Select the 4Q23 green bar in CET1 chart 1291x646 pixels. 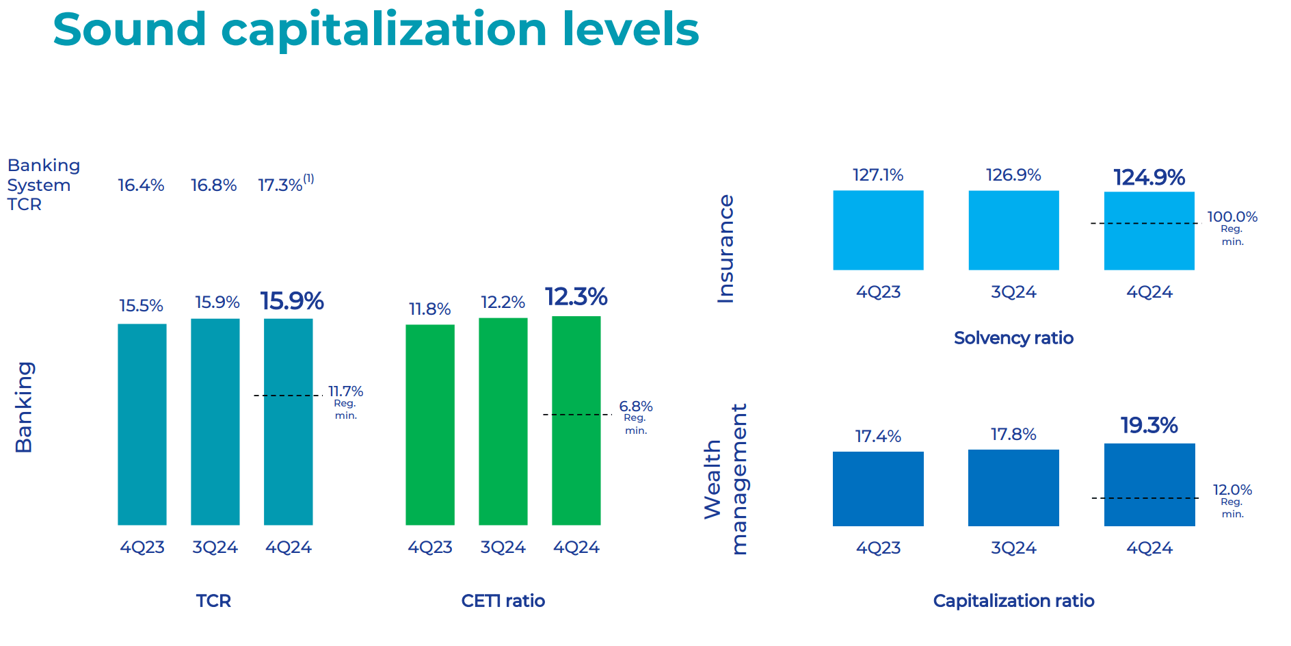point(429,424)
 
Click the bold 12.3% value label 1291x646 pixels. point(576,297)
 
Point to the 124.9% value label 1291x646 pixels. point(1149,177)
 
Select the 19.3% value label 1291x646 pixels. point(1149,426)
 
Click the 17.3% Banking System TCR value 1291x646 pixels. point(280,185)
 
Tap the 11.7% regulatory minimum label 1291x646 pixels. point(345,391)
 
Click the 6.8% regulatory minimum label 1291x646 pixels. point(635,406)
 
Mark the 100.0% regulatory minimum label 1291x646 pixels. point(1232,217)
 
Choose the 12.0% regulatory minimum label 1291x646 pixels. point(1232,490)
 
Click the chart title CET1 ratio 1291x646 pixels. point(503,601)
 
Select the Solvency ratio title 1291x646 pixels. point(1013,338)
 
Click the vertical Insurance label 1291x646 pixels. point(726,249)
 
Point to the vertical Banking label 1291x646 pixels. point(24,407)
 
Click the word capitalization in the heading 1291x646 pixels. point(384,30)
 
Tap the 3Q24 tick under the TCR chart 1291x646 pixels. point(215,547)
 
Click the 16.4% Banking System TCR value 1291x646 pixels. point(141,185)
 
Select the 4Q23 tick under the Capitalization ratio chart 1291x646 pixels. point(878,548)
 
